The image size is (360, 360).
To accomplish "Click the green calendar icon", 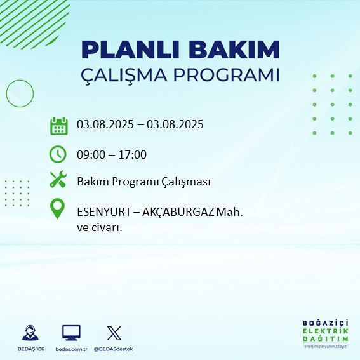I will coord(58,126).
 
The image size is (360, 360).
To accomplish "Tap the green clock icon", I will coord(58,154).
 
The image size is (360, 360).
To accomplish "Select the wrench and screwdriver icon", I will coord(58,180).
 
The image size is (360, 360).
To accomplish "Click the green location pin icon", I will coord(58,209).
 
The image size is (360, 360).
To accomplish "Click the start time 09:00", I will coord(91,154).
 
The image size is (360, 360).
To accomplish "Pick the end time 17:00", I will coord(133,154).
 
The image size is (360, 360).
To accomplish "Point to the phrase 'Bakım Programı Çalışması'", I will coord(143,182).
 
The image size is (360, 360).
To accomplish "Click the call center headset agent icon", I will coord(29,333).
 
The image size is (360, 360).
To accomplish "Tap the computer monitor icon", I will coord(71,332).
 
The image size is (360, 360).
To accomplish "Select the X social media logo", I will coord(114,332).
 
